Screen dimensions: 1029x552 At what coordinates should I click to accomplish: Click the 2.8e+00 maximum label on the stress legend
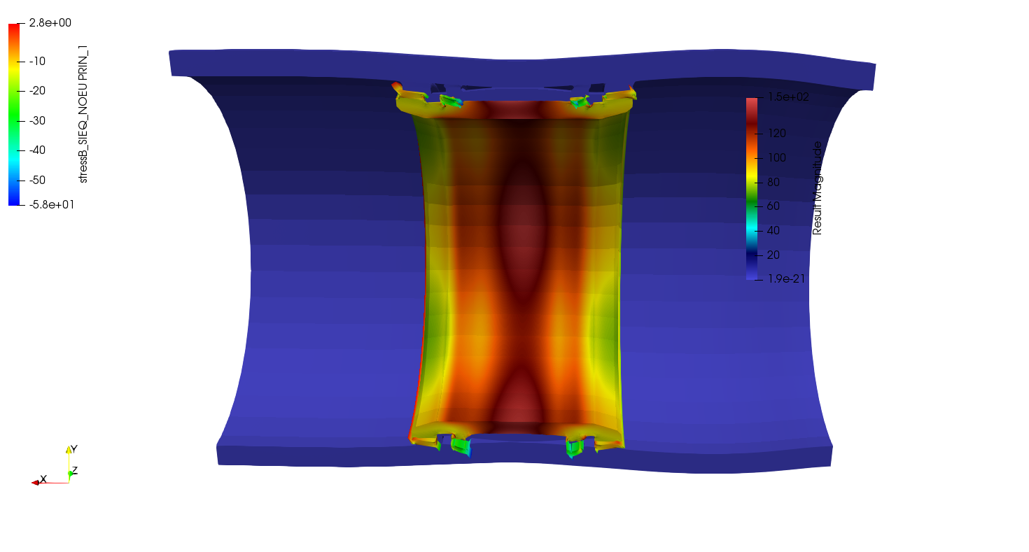click(x=50, y=22)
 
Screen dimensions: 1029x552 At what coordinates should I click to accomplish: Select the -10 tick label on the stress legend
click(x=37, y=61)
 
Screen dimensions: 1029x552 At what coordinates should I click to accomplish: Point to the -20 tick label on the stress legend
click(x=37, y=91)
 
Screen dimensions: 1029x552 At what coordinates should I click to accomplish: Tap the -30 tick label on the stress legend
click(x=37, y=121)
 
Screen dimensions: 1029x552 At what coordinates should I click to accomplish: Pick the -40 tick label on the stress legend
click(x=37, y=150)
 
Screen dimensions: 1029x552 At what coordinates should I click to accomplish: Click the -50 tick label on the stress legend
click(x=37, y=180)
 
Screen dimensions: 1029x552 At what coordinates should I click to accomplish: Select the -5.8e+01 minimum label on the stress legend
click(x=52, y=204)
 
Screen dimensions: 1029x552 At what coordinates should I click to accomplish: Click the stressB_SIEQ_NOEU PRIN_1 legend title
click(x=83, y=114)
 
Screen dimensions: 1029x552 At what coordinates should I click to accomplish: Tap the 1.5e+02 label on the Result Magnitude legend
click(x=788, y=97)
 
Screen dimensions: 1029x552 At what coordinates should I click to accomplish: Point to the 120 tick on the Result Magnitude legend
click(x=777, y=133)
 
